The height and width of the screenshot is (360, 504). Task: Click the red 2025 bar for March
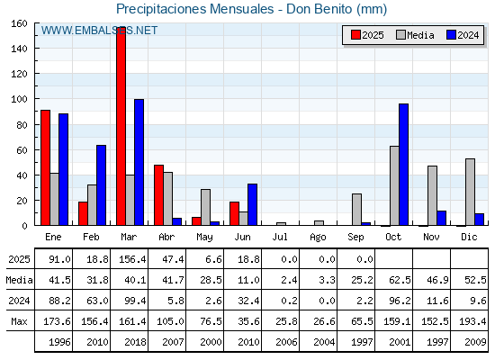click(121, 126)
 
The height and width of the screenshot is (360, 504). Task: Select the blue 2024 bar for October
click(404, 164)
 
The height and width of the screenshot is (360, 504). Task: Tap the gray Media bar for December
click(470, 192)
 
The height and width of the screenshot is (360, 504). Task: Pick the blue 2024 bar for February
click(101, 185)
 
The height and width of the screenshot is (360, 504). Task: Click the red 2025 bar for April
click(158, 195)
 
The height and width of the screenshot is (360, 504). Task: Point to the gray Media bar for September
click(356, 209)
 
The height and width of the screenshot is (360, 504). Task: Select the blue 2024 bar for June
click(252, 204)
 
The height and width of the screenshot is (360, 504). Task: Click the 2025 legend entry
click(367, 35)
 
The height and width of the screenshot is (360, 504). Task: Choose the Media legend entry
click(415, 35)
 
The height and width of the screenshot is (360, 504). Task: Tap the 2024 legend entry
click(463, 35)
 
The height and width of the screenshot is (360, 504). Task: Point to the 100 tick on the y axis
click(19, 99)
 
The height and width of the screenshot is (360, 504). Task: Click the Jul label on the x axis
click(280, 237)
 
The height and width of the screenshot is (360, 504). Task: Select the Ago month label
click(318, 238)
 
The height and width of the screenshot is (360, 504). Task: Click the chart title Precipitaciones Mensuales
click(194, 9)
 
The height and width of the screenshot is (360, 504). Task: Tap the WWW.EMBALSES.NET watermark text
click(99, 31)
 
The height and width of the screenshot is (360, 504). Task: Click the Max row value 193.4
click(472, 321)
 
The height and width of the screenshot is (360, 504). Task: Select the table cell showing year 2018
click(135, 342)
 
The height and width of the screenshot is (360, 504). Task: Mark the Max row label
click(19, 321)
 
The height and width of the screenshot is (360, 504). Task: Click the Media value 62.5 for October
click(400, 280)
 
